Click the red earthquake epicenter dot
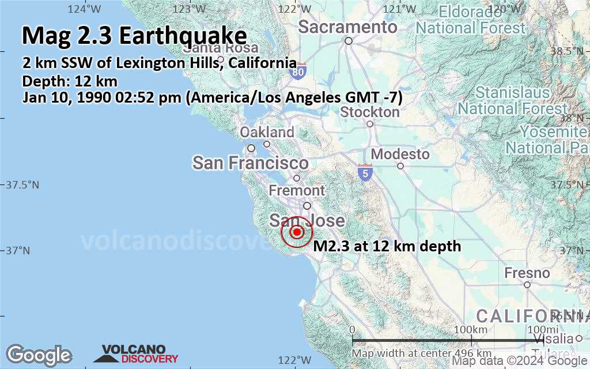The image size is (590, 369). point(297,232)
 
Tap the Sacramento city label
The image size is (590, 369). point(347,27)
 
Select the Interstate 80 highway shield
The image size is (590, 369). point(298,71)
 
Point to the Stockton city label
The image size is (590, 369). point(370,112)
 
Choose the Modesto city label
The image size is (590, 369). point(400,154)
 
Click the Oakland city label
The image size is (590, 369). point(267,132)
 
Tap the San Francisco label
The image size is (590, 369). point(251,163)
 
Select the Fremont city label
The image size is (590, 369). point(297,190)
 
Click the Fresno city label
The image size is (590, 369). point(527,272)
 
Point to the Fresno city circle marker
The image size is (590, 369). point(527,284)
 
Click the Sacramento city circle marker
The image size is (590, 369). point(349,40)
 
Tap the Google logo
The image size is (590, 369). point(39,355)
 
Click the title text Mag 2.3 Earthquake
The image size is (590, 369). point(134,36)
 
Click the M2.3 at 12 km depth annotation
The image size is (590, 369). point(387,246)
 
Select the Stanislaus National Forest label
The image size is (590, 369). point(513,100)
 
